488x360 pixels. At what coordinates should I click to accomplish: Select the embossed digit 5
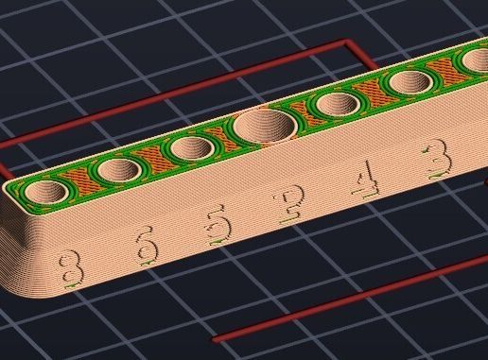pos(218,226)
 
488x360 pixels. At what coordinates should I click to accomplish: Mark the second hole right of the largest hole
pos(408,82)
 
